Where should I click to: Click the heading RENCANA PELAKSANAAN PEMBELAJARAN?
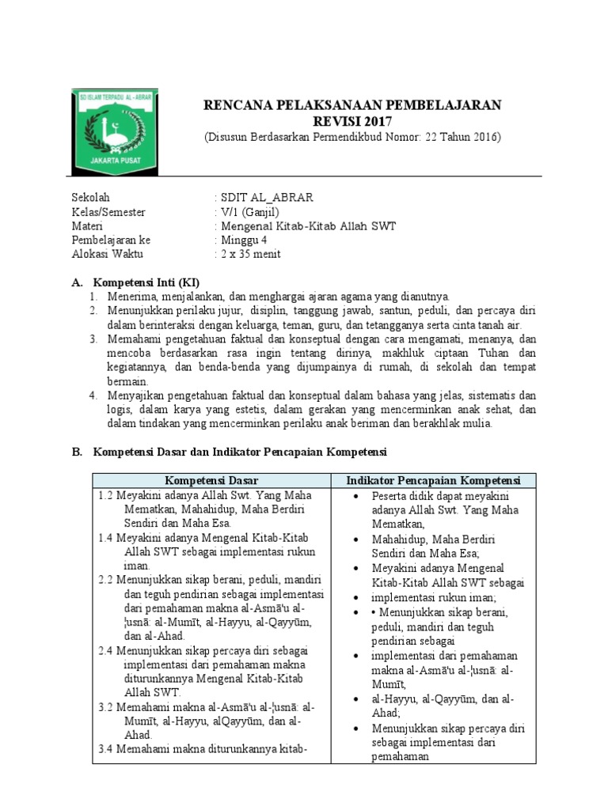pos(352,105)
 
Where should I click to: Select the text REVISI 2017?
pos(352,121)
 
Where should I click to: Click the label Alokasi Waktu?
pos(105,254)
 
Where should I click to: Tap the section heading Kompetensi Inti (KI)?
pos(146,282)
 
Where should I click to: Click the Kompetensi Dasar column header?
pos(211,480)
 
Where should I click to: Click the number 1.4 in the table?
pos(107,538)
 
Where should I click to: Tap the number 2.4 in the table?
pos(107,651)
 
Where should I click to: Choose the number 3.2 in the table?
pos(107,707)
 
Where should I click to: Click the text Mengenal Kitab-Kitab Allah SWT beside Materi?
pos(308,226)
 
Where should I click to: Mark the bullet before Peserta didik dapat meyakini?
pos(359,496)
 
